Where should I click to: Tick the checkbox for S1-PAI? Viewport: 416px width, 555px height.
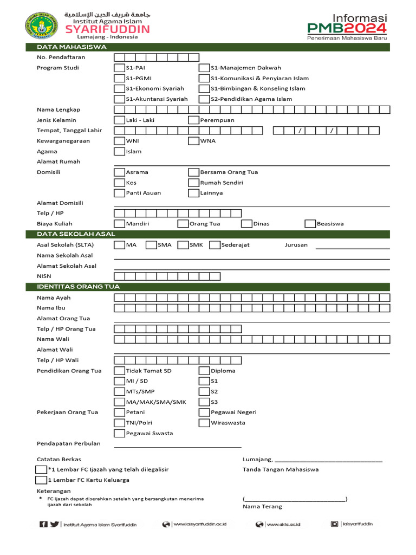click(119, 68)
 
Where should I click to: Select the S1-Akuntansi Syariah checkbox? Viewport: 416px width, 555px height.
click(119, 99)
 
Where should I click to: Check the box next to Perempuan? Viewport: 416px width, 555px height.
click(193, 120)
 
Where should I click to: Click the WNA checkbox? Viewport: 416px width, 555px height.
click(193, 141)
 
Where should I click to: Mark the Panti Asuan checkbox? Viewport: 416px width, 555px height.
click(119, 193)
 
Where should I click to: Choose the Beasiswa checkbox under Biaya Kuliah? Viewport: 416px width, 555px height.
click(310, 223)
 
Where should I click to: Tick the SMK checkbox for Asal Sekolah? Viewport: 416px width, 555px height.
click(183, 245)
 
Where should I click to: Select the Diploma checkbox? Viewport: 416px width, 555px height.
click(204, 371)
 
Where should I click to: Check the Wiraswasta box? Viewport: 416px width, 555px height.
click(204, 423)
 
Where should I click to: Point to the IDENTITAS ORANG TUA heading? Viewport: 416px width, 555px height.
click(79, 287)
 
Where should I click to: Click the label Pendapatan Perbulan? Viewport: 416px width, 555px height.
click(69, 443)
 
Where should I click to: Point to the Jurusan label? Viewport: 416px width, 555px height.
click(296, 245)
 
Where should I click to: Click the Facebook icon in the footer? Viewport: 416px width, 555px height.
click(43, 524)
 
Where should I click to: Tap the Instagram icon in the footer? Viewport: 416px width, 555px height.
click(335, 524)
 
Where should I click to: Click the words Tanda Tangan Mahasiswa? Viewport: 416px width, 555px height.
click(281, 469)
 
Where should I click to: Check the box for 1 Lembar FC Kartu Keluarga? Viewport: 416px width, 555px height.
click(41, 480)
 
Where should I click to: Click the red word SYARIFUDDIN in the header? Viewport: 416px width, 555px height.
click(108, 29)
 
